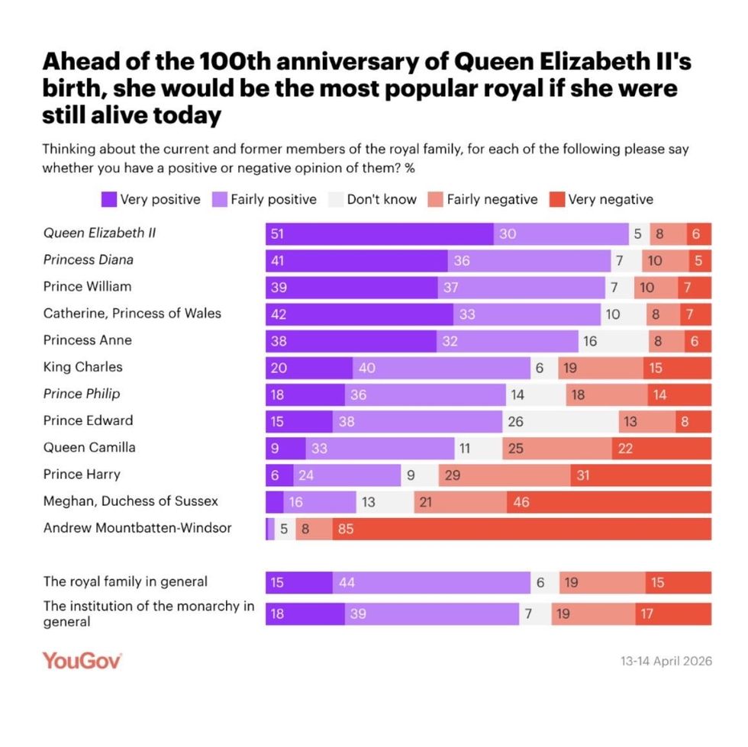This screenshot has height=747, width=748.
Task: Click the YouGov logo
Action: (82, 660)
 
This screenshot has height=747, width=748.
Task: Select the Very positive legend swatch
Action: (110, 199)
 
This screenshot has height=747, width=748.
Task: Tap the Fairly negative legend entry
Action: (484, 199)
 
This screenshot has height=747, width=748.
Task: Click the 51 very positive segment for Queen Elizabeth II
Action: (379, 233)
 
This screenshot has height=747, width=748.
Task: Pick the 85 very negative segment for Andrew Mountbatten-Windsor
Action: (522, 528)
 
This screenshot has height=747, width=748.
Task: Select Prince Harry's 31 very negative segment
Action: (640, 475)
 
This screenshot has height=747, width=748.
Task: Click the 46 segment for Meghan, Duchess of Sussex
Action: (609, 501)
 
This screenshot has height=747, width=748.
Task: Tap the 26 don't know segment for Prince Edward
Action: (560, 420)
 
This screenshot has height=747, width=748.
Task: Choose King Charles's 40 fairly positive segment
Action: (441, 367)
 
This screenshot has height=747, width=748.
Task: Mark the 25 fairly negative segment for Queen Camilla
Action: (556, 448)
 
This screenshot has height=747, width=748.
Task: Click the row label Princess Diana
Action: (88, 259)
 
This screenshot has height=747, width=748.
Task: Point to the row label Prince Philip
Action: (82, 394)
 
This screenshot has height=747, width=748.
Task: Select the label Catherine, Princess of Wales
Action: (131, 313)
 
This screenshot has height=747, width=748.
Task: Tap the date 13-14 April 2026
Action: (666, 661)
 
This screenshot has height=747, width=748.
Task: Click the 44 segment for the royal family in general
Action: (431, 582)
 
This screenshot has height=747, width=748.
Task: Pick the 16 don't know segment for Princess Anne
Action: (613, 340)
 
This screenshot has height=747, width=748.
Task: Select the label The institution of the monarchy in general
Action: (148, 613)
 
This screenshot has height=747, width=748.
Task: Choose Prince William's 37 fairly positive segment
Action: (521, 287)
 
